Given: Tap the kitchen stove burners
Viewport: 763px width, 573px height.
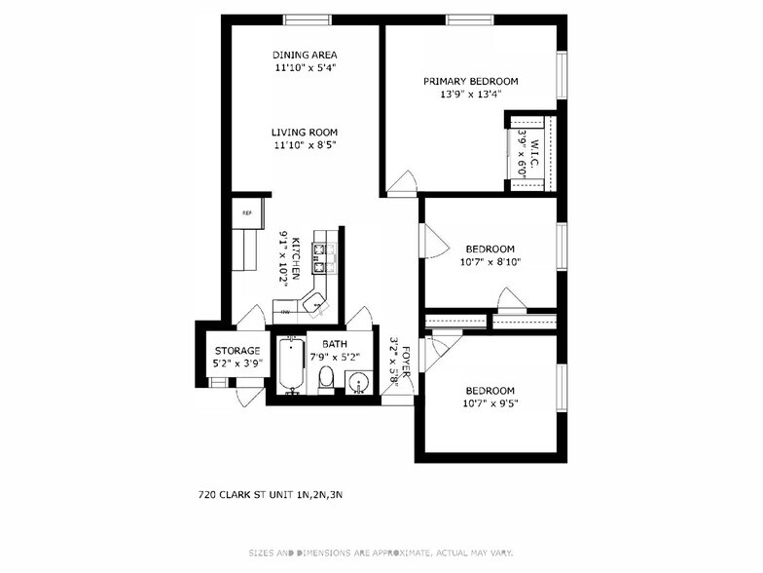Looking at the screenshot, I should pos(323,256).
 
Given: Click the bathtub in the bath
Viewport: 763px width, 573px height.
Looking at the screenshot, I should pos(291,365).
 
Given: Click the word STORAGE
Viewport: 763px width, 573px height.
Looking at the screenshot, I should pos(237,351).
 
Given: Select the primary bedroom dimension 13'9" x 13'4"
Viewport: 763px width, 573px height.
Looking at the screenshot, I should pos(470,95).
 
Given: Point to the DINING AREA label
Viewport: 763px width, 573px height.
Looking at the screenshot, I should pos(304,55).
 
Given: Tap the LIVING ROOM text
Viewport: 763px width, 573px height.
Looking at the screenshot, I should pos(304,133).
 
